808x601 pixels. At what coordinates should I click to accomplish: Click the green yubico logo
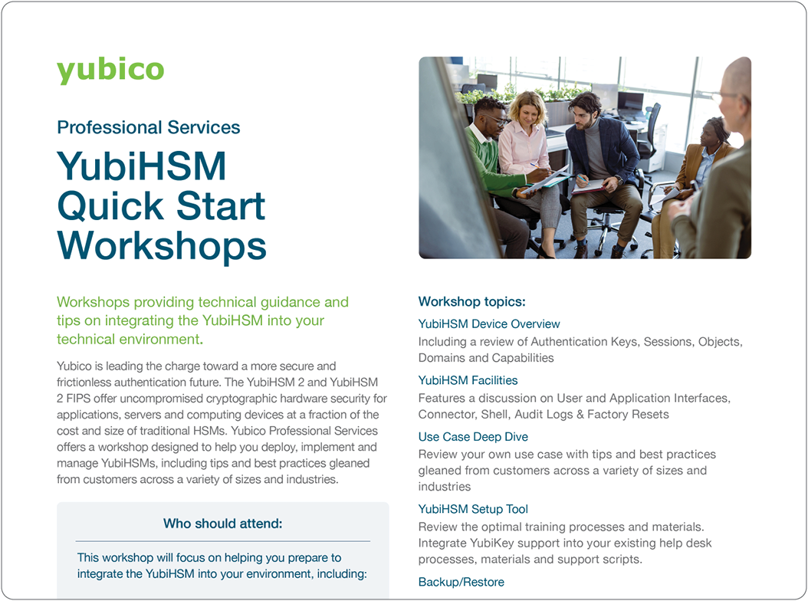tap(110, 70)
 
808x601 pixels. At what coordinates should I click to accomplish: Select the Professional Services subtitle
tap(149, 127)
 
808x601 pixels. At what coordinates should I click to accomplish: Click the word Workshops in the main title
tap(162, 245)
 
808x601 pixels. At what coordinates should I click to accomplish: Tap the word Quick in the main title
tap(110, 205)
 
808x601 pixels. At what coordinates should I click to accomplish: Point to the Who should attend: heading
tap(223, 524)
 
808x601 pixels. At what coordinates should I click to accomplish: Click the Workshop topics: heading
tap(471, 301)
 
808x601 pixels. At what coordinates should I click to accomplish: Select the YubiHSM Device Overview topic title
tap(489, 323)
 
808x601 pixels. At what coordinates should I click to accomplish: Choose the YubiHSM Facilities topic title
tap(468, 380)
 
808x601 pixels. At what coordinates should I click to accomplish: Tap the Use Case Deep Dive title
tap(473, 437)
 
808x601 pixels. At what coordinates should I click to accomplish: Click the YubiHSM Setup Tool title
tap(473, 509)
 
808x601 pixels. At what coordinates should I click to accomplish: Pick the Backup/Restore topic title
tap(461, 582)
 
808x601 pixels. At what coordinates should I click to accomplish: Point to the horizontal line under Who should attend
tap(223, 541)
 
